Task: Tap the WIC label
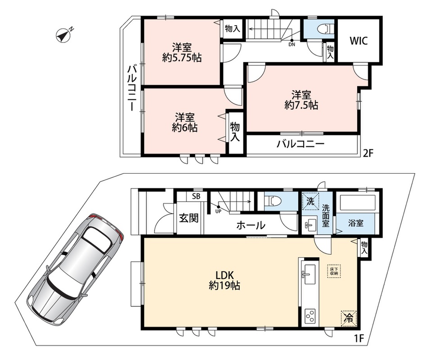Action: (359, 41)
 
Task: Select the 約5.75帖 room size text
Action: (182, 58)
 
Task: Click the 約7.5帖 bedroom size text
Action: (301, 105)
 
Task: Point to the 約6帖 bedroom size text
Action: (185, 127)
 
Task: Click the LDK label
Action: (224, 275)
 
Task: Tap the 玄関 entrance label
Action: (189, 218)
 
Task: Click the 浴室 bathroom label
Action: (356, 223)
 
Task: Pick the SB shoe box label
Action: (196, 197)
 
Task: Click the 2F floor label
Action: (368, 154)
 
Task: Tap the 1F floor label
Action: (359, 338)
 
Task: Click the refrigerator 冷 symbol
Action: (348, 318)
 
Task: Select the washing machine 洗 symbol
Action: (311, 201)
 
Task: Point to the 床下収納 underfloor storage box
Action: (334, 271)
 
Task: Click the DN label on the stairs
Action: (292, 45)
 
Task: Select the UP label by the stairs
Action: (218, 211)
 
